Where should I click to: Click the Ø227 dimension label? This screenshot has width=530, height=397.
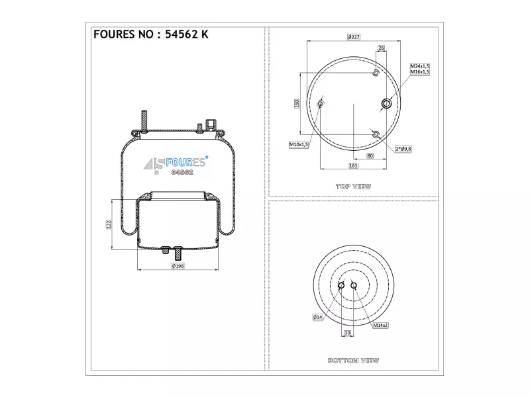point(354,37)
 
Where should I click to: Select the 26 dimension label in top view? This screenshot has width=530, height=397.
point(382,48)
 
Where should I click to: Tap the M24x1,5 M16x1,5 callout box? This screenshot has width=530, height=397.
point(420,69)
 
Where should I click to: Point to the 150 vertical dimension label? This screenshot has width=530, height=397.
point(297,103)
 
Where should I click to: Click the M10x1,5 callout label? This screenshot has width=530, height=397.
point(299,145)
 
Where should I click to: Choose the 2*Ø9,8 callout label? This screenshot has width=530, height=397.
point(403,149)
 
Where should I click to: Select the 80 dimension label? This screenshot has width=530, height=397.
point(370,155)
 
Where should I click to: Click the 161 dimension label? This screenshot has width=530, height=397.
point(353,165)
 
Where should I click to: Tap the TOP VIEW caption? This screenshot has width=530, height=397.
point(354,187)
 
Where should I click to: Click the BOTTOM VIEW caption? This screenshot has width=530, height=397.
point(354,361)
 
